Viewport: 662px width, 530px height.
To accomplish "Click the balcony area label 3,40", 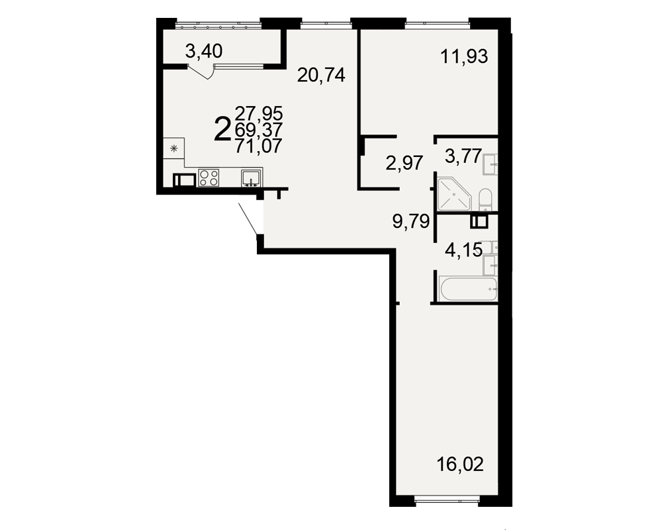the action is click(204, 52).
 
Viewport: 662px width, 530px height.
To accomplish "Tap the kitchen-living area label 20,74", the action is click(321, 76).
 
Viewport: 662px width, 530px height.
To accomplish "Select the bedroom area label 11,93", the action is click(464, 56).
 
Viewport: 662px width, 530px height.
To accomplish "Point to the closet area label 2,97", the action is click(404, 163).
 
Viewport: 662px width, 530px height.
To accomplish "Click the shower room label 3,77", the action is click(463, 156).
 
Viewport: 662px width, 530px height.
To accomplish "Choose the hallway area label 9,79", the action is click(411, 221).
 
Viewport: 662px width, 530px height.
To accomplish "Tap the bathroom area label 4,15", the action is click(463, 250).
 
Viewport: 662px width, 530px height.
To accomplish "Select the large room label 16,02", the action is click(460, 464).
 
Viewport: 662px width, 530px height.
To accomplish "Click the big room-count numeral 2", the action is click(222, 129).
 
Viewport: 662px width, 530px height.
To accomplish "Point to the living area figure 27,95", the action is click(259, 113).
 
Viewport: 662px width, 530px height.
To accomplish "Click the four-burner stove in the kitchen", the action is click(209, 178).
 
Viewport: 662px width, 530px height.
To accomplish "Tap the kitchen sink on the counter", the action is click(252, 178).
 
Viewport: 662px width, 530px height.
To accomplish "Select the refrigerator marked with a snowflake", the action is click(174, 148).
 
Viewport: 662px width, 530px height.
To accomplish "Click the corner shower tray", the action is click(454, 194).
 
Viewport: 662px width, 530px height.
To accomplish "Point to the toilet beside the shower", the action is click(485, 199).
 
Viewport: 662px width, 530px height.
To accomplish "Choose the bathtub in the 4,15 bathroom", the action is click(468, 289).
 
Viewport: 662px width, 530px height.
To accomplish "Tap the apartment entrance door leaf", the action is click(248, 219).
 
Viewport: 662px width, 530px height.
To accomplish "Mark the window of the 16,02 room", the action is click(447, 502).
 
